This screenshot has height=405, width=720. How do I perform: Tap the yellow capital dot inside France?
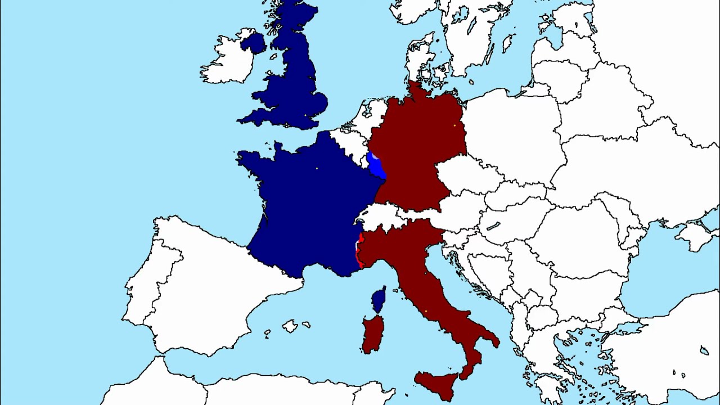tap(317, 168)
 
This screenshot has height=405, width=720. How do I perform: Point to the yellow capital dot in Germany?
tap(454, 125)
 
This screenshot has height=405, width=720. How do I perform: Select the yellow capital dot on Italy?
tap(426, 311)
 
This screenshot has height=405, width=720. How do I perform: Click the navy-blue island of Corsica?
tap(379, 299)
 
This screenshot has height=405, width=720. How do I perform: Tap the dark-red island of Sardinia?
tap(373, 334)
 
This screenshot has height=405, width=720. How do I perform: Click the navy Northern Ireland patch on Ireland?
tap(254, 43)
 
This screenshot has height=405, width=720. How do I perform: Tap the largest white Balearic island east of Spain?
tap(290, 326)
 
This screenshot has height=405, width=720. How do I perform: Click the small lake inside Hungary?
tap(493, 226)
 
